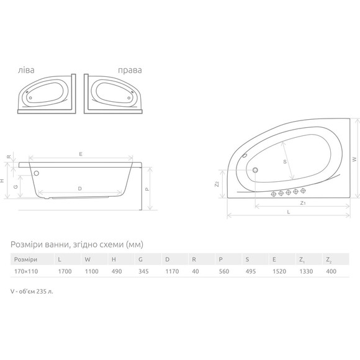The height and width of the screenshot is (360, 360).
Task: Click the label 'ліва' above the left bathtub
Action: point(26,70)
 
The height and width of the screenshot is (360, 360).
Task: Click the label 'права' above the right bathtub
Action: point(130,70)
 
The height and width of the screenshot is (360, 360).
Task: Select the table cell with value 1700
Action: point(65,271)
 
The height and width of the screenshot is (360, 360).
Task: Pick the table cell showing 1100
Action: point(92,271)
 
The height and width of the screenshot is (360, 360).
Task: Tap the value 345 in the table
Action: point(143,271)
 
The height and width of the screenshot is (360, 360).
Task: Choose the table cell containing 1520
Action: point(279,271)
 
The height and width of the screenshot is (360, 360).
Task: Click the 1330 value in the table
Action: point(306,271)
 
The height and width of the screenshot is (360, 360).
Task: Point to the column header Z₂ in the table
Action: point(328,260)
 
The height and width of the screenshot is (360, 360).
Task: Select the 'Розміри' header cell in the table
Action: point(25,259)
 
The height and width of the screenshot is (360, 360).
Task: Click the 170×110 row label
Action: point(26,271)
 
